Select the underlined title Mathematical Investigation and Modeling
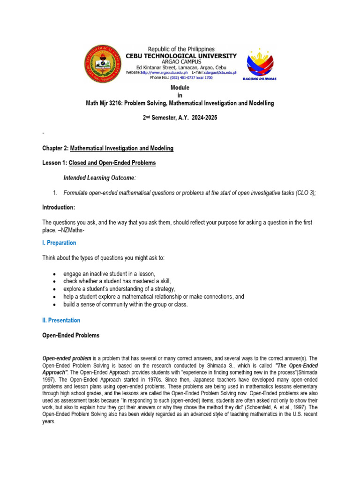click(x=122, y=148)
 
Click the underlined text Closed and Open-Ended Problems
click(x=112, y=163)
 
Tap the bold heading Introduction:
click(x=59, y=207)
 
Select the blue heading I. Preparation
click(x=59, y=243)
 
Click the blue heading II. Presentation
click(x=61, y=320)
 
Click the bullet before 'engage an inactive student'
click(x=55, y=274)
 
